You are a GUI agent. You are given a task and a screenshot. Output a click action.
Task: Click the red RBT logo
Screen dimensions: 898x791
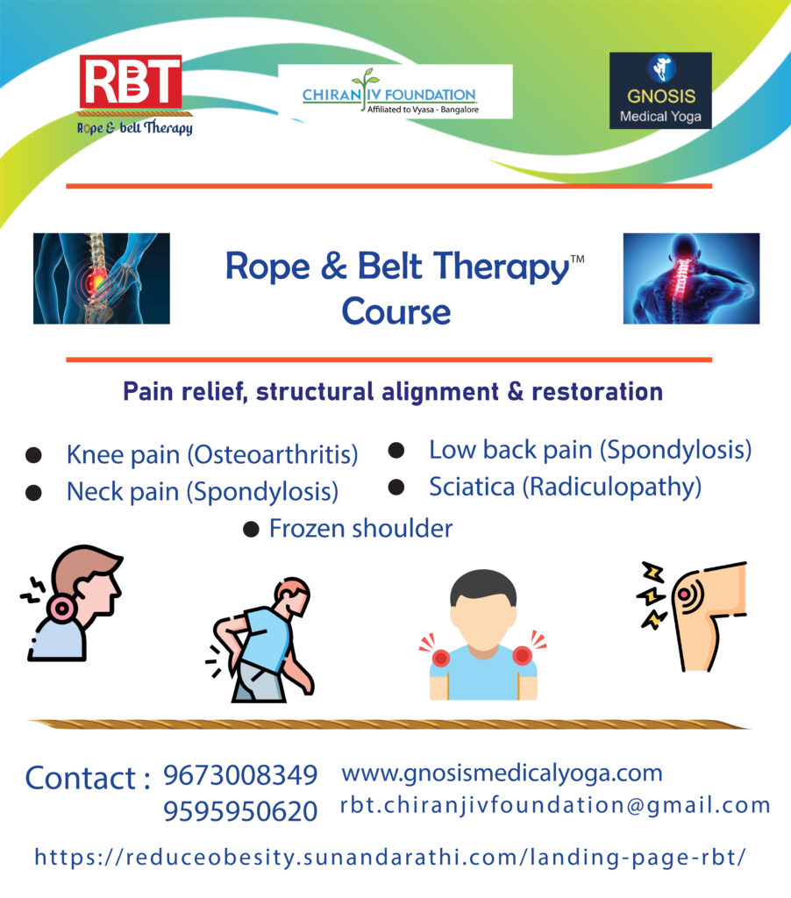click(131, 88)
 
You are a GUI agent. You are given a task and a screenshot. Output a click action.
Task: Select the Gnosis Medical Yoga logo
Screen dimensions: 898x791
click(659, 90)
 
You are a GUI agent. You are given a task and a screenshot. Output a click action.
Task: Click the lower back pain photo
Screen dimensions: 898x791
click(101, 278)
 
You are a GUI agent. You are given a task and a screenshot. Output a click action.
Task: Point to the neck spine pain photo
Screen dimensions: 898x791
click(690, 278)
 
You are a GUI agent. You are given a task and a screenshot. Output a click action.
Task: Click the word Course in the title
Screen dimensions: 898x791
click(396, 310)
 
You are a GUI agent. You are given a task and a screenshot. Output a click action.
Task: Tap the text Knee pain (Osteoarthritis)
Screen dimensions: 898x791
click(212, 455)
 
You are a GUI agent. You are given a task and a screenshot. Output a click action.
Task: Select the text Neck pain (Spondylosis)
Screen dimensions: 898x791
click(202, 492)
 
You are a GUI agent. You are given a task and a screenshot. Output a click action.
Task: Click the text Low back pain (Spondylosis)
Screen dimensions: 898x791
click(590, 450)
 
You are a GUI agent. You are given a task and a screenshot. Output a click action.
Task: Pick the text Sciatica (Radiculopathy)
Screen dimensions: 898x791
click(565, 487)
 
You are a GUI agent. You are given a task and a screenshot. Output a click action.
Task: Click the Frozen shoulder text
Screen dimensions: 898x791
click(360, 529)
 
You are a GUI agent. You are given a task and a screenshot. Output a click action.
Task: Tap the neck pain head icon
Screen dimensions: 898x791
click(73, 602)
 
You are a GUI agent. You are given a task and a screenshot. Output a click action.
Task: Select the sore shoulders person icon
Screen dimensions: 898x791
click(482, 634)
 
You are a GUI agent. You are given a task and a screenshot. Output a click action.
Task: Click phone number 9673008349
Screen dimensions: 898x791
click(240, 775)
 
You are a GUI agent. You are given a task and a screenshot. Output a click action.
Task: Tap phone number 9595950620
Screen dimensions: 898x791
click(240, 812)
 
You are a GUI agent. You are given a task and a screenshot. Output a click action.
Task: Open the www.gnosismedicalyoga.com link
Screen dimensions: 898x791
click(502, 773)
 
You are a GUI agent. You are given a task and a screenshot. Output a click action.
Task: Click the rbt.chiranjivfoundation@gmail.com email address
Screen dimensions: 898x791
click(555, 806)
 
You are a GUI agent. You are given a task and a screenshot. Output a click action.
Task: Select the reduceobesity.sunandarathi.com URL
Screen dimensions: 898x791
click(390, 857)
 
